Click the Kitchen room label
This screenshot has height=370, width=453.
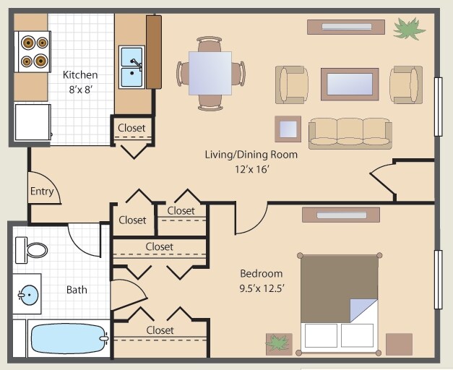point(80,75)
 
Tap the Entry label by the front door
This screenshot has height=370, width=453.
point(42,192)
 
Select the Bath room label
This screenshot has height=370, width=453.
point(77,290)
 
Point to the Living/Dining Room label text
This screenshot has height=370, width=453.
point(251,155)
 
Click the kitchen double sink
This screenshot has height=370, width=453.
point(131,66)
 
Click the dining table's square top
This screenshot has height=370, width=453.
point(210,73)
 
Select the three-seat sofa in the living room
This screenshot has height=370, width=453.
point(350,132)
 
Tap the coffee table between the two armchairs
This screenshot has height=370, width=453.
point(350,84)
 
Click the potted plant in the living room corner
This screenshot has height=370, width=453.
point(409,29)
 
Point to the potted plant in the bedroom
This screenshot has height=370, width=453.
point(278,343)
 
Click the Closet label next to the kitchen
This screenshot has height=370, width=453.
point(131,128)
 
